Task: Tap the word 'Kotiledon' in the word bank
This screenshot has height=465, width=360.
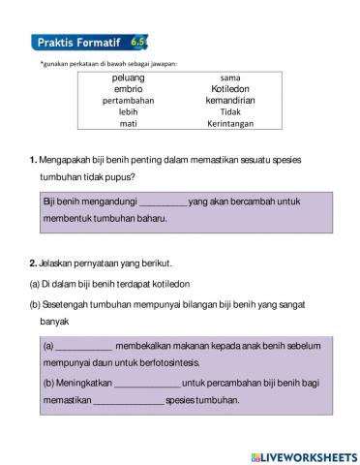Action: [230, 88]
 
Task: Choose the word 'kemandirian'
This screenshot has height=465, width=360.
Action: [230, 100]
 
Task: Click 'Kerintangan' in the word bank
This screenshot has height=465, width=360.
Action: [230, 124]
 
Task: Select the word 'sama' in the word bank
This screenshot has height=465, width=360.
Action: [230, 77]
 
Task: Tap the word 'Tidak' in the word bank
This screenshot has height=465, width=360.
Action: [230, 111]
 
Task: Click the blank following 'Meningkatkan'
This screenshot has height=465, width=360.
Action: [139, 383]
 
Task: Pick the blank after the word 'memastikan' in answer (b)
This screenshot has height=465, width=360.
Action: [128, 401]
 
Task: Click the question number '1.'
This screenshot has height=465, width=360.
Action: [33, 160]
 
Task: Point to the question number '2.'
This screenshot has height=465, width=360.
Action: [33, 263]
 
